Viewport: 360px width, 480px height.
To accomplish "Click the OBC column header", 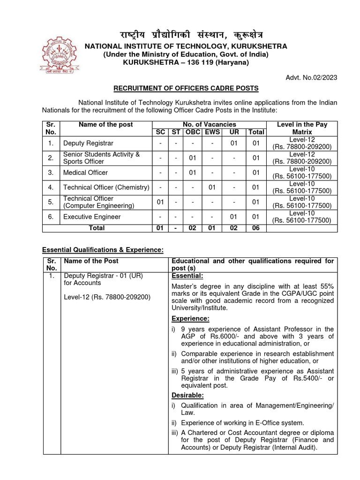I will pyautogui.click(x=192, y=132).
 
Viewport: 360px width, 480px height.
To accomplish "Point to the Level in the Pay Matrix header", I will pyautogui.click(x=302, y=128).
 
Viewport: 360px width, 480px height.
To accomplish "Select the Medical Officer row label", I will pyautogui.click(x=85, y=173).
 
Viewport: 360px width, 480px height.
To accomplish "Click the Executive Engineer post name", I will pyautogui.click(x=92, y=217).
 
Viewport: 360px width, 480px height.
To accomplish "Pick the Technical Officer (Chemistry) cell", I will pyautogui.click(x=106, y=187).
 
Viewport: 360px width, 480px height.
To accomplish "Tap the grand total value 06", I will pyautogui.click(x=256, y=228).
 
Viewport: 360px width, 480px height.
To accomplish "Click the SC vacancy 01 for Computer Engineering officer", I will pyautogui.click(x=160, y=202).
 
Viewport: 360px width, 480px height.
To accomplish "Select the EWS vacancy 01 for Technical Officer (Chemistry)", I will pyautogui.click(x=212, y=187).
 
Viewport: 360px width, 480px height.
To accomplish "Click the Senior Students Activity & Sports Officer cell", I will pyautogui.click(x=101, y=158).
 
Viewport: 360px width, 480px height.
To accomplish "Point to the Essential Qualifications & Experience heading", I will pyautogui.click(x=103, y=250).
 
